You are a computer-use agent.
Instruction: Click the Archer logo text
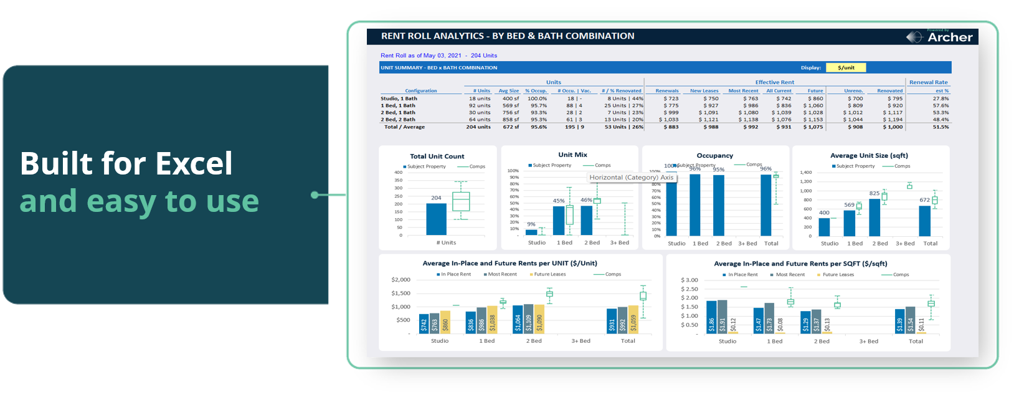click(949, 37)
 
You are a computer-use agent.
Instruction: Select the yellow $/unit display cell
click(846, 67)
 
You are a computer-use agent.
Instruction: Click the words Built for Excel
click(126, 164)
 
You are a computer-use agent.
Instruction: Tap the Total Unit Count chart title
click(437, 156)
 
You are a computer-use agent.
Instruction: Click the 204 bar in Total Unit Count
click(436, 219)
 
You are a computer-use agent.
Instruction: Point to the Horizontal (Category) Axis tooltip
click(632, 178)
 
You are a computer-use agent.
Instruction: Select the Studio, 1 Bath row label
click(399, 98)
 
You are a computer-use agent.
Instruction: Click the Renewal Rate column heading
click(928, 82)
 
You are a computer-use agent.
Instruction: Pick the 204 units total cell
click(478, 127)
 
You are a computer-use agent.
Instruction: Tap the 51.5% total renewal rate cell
click(941, 127)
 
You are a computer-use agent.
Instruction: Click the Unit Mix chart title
click(572, 155)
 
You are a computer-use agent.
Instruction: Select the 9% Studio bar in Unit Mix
click(531, 232)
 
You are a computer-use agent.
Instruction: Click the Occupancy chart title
click(714, 156)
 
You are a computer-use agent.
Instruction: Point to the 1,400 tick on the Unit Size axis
click(805, 173)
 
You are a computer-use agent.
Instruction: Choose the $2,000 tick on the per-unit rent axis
click(400, 280)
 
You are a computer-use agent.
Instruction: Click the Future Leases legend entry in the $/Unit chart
click(549, 274)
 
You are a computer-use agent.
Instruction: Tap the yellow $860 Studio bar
click(445, 322)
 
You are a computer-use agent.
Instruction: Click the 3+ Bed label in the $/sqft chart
click(868, 342)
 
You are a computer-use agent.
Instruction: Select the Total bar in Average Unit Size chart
click(925, 221)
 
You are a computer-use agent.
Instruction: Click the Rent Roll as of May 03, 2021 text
click(421, 55)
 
